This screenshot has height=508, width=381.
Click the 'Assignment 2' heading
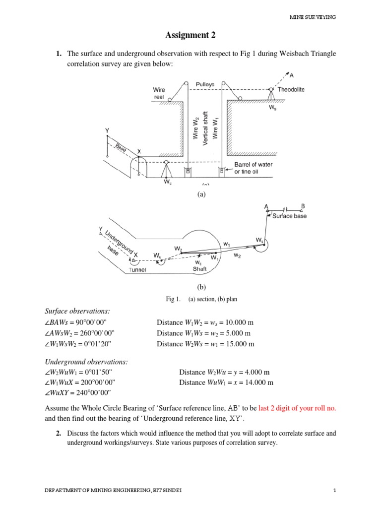[x=190, y=35]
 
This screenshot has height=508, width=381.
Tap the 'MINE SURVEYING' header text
[x=313, y=17]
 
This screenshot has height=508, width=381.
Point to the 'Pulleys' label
[x=205, y=84]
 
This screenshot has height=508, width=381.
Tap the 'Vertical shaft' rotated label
[x=205, y=128]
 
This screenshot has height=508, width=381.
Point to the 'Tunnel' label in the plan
[x=137, y=270]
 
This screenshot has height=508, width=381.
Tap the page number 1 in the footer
[x=335, y=491]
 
